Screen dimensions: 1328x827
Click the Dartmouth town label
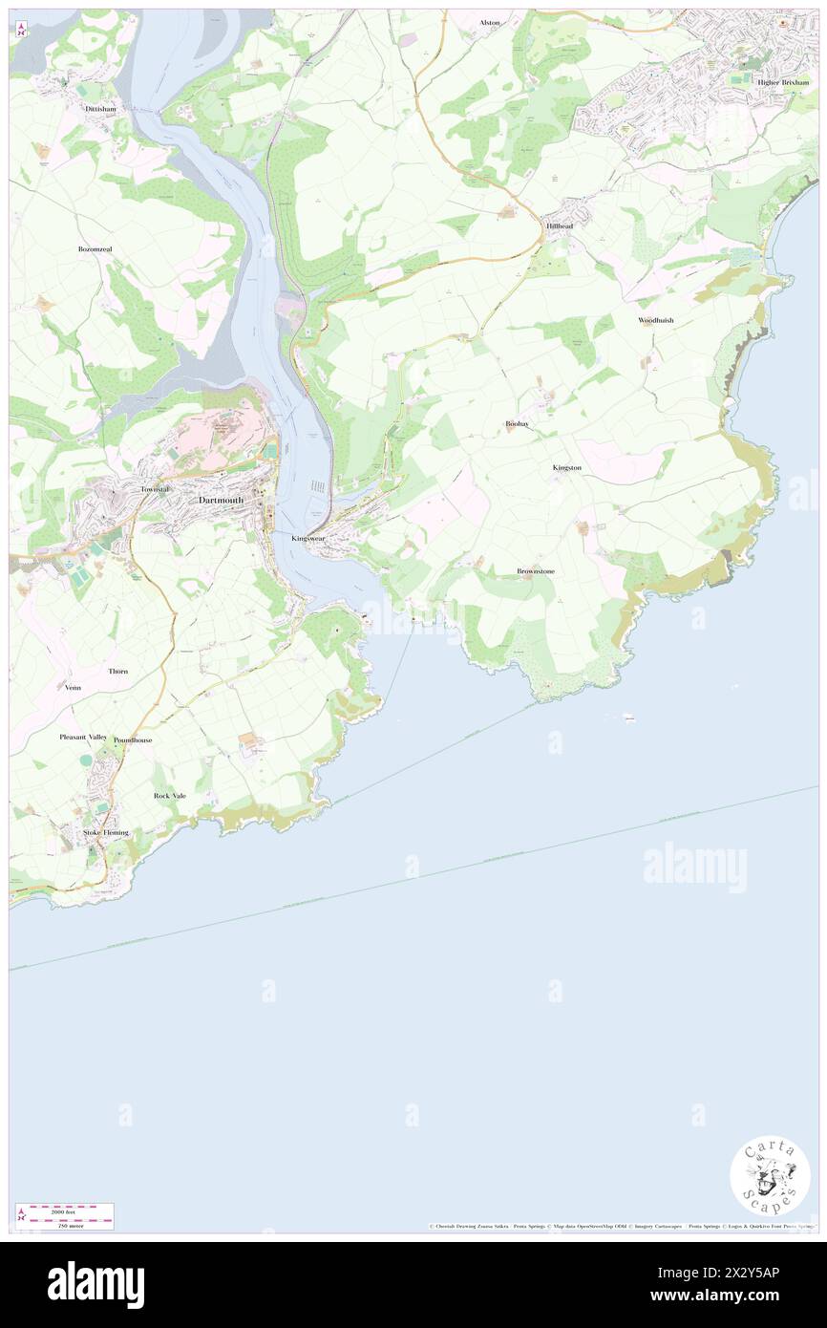[x=221, y=500]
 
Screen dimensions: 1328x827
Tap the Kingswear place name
[x=313, y=539]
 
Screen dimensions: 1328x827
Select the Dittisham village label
[x=100, y=109]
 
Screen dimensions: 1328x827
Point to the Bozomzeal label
[x=95, y=249]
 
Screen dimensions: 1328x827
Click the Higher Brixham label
[x=782, y=82]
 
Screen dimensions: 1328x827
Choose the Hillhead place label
[x=560, y=225]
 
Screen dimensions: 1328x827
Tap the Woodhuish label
[x=656, y=320]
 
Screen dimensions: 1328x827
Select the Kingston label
[x=566, y=467]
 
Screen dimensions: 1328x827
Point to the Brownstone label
[x=536, y=571]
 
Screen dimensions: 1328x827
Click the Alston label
[x=490, y=22]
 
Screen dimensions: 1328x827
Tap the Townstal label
[x=154, y=489]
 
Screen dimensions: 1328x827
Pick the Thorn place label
[x=118, y=672]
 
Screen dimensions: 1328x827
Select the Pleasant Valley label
[x=83, y=737]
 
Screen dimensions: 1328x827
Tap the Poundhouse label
[x=133, y=740]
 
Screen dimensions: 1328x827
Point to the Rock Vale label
[x=170, y=796]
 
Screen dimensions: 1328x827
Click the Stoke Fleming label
[x=106, y=833]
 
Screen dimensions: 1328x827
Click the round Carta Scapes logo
[x=770, y=1175]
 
